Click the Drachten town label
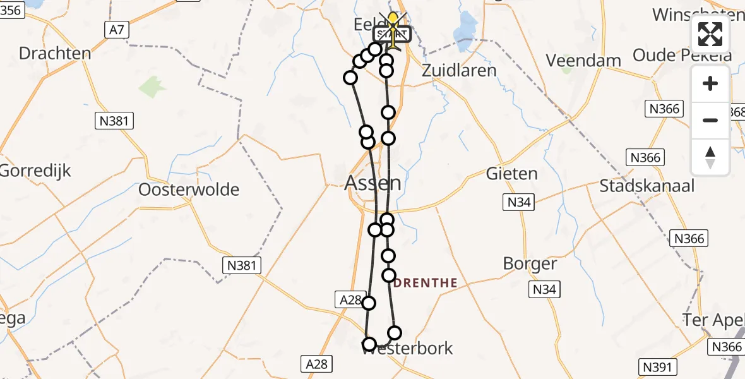[x=55, y=53]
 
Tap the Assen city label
[x=373, y=184]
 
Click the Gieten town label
[x=512, y=173]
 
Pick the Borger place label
[x=530, y=263]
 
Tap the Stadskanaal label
[x=647, y=186]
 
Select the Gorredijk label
[x=35, y=171]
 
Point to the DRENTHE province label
[x=426, y=283]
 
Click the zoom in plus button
[x=710, y=83]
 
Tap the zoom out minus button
[x=710, y=120]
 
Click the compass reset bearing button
[x=710, y=157]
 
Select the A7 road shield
[x=115, y=29]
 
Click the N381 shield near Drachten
[x=115, y=120]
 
